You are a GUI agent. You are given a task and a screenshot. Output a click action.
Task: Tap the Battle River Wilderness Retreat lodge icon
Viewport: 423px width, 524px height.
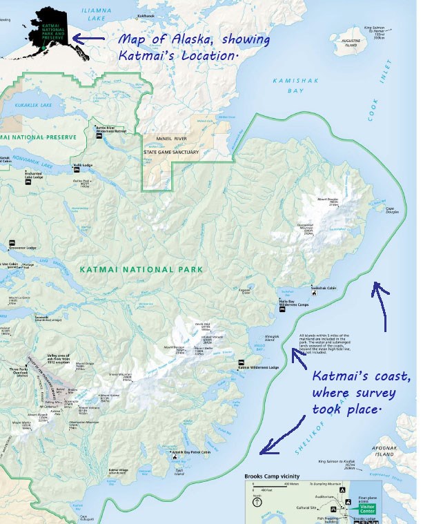click(98, 136)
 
